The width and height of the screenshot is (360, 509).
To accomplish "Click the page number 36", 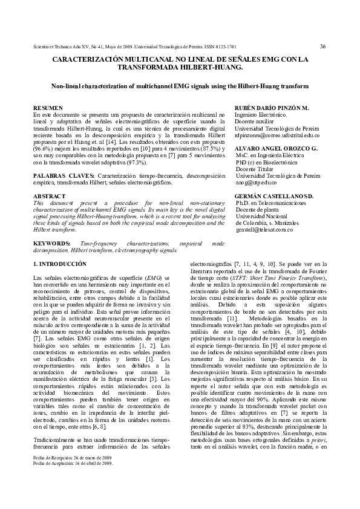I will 323,45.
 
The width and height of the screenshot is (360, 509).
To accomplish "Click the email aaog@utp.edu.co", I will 257,182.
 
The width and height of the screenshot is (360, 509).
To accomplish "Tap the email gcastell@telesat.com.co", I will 264,230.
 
